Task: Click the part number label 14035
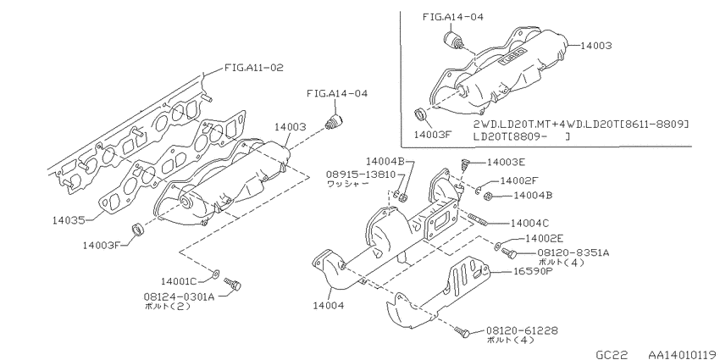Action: tap(69, 220)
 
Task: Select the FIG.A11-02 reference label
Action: tap(254, 68)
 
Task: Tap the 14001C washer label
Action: tap(179, 280)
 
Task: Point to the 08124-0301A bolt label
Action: tap(179, 296)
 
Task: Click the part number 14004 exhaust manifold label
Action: tap(328, 305)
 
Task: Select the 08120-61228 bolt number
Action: tap(522, 330)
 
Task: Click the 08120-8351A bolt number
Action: tap(573, 253)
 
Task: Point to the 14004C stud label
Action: tap(530, 224)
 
